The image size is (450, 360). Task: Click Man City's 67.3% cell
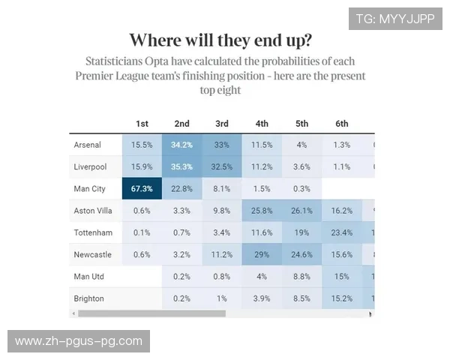(x=142, y=189)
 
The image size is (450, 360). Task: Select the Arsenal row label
(x=88, y=145)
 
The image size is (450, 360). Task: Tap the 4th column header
(x=262, y=124)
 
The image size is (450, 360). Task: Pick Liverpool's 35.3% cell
(x=181, y=166)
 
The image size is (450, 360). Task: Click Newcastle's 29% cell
(x=262, y=255)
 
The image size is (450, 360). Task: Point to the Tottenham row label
(x=93, y=233)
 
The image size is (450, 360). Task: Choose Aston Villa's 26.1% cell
(x=302, y=211)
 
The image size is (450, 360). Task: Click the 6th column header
(x=342, y=124)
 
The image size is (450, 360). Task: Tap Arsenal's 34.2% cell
(x=181, y=145)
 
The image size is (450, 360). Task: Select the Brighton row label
(x=89, y=298)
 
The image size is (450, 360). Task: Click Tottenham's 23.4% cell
(x=342, y=233)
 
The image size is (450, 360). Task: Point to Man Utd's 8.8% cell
(x=302, y=277)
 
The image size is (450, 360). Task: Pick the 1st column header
(x=142, y=124)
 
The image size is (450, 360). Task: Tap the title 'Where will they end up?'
(x=221, y=40)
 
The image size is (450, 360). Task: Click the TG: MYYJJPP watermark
(x=395, y=19)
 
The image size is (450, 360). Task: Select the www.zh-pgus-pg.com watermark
(x=78, y=341)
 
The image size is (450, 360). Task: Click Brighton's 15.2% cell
(x=342, y=298)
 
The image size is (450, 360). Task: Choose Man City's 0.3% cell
(x=302, y=189)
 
